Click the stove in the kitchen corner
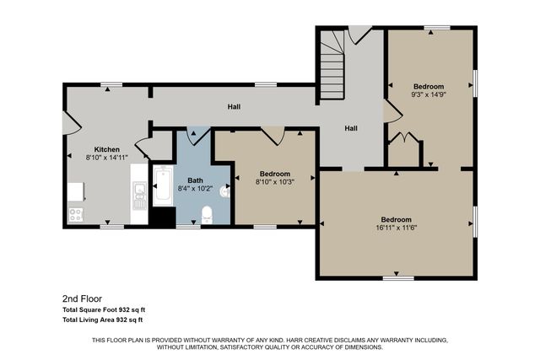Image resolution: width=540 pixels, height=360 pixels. pos(75,214)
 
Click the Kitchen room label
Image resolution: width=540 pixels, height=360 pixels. pos(107,148)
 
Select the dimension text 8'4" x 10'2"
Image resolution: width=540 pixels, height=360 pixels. pos(195,188)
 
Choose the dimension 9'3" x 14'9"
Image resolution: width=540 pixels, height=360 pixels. pos(429,95)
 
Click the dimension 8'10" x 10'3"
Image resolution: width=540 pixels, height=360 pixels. pos(275,180)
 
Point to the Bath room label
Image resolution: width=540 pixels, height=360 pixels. pos(195,180)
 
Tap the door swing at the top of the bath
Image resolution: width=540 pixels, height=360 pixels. pos(196,135)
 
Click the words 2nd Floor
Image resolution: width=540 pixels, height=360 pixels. pos(81,298)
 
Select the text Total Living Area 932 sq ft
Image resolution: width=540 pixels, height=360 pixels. pos(102,320)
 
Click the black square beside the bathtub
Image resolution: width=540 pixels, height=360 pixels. pos(162,217)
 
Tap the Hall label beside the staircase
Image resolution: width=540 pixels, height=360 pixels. pos(350,128)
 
